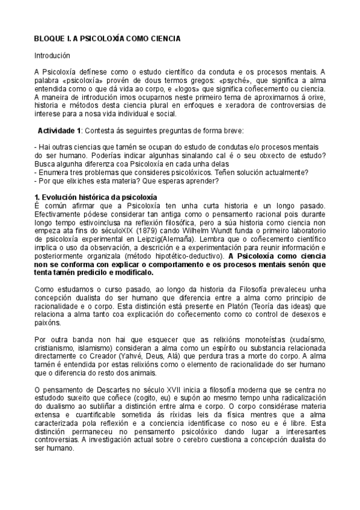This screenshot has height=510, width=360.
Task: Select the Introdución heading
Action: pyautogui.click(x=53, y=55)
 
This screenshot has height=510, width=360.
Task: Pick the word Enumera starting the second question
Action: pyautogui.click(x=53, y=173)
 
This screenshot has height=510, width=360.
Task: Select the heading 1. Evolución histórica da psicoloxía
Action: pyautogui.click(x=96, y=197)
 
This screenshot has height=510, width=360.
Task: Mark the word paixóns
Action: pyautogui.click(x=48, y=323)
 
